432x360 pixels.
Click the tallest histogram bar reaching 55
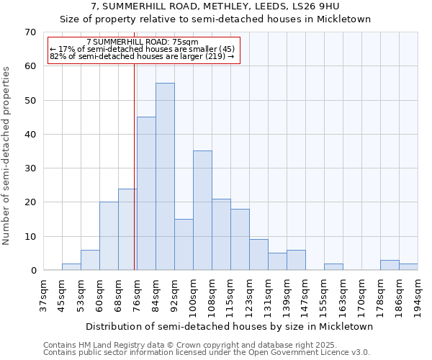point(165,176)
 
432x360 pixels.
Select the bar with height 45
point(146,194)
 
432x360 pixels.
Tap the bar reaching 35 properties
point(202,210)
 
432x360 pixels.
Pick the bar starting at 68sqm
point(127,229)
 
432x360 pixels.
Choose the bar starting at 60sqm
point(109,236)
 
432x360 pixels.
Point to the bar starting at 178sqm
point(390,265)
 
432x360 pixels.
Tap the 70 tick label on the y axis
point(30,32)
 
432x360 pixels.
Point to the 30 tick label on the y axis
point(30,168)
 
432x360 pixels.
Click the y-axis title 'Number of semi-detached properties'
point(7,156)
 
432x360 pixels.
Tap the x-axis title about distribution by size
point(229,326)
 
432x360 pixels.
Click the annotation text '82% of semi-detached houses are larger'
point(142,56)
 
